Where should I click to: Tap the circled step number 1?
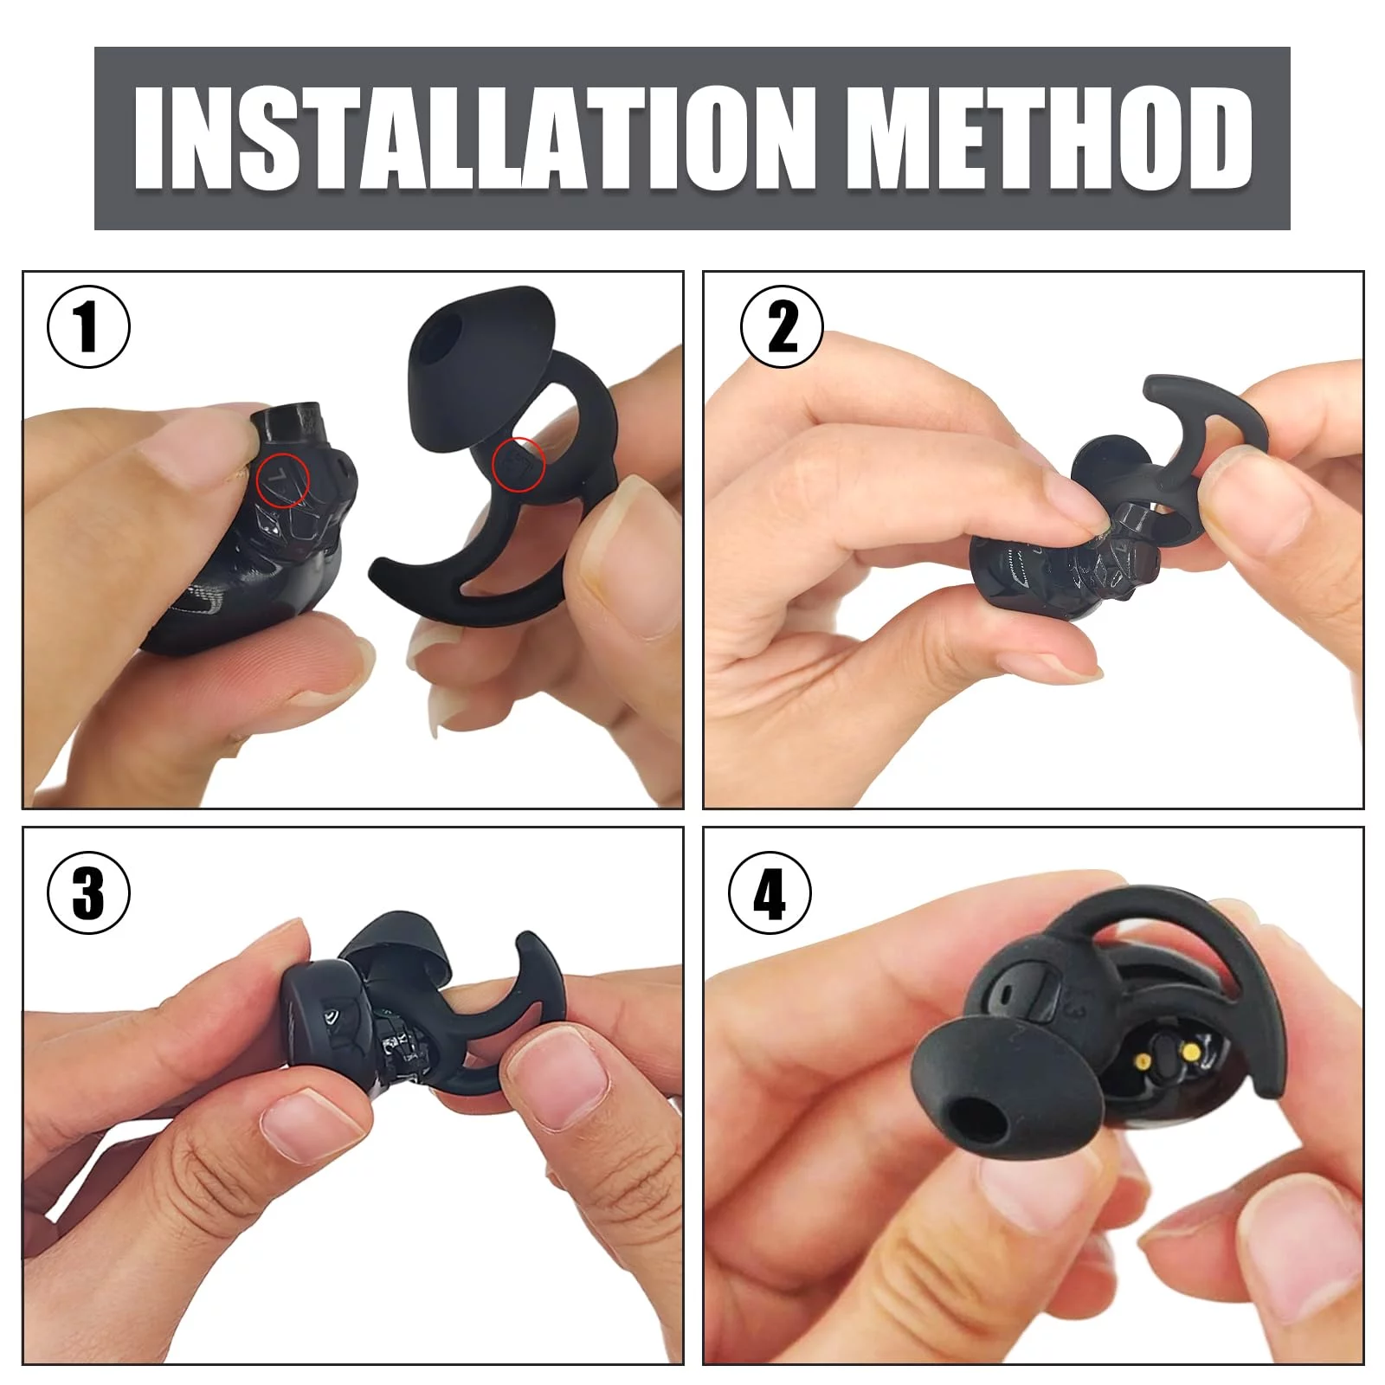[88, 327]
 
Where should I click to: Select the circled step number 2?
[783, 327]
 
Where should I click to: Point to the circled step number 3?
[88, 892]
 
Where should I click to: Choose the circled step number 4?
[770, 892]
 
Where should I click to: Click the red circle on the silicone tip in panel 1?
[518, 465]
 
